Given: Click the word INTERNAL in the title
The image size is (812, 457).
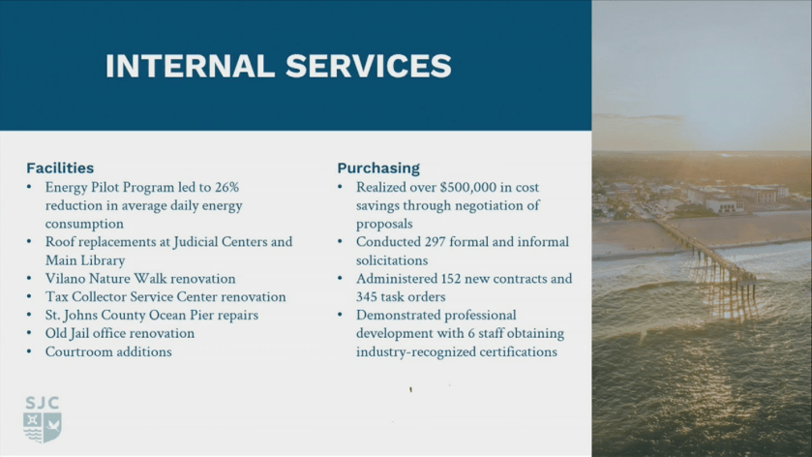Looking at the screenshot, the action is (x=190, y=66).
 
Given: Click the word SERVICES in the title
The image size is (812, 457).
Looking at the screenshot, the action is (x=369, y=66).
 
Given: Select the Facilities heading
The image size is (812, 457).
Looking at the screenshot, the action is (x=60, y=168).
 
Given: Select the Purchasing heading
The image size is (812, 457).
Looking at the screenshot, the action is (x=378, y=168).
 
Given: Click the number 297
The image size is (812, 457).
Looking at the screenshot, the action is (x=435, y=242).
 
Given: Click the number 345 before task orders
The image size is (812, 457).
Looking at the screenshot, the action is (x=367, y=297).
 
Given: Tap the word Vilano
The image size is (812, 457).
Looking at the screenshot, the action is (x=65, y=279).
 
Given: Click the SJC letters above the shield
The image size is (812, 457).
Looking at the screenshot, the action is (x=42, y=403).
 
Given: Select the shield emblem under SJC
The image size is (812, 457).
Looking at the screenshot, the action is (x=43, y=427).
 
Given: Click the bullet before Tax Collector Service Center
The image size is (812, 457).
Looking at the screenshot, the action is (x=29, y=296).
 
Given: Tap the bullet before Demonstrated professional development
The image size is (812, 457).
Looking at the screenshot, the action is (x=341, y=315).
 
